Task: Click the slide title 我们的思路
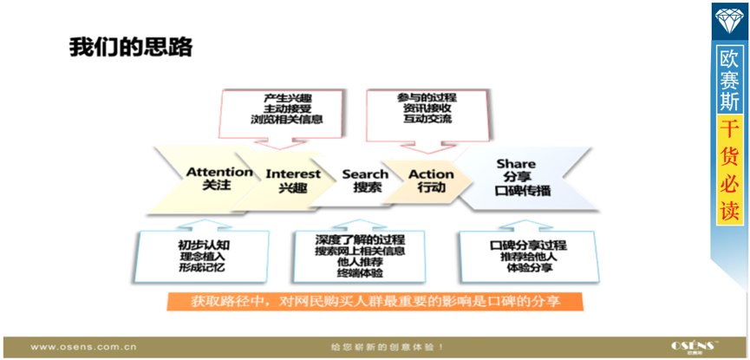coord(131,47)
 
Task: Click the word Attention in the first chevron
coord(219,172)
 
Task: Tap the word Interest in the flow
coord(293,173)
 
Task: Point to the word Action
coord(431,173)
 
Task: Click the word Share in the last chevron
coord(516,163)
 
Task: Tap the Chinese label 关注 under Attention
coord(217,187)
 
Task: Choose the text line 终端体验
coord(360,274)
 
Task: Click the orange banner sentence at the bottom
coord(375,302)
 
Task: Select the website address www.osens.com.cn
coord(83,346)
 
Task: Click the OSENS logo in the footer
coord(695,346)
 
